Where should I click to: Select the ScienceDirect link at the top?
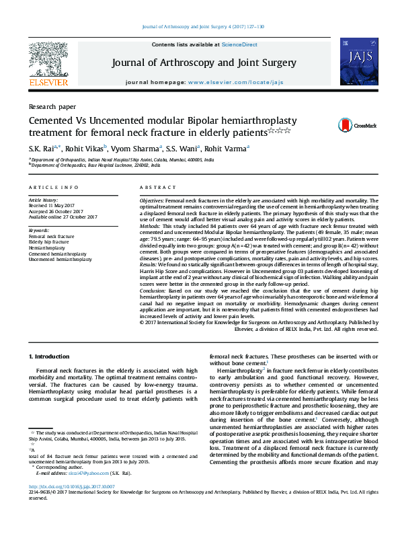tap(240, 44)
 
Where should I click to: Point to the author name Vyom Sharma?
tap(135, 147)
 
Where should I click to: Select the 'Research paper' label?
tap(52, 106)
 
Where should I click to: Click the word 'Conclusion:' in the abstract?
tap(153, 290)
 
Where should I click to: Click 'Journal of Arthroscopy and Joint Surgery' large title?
tap(204, 63)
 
